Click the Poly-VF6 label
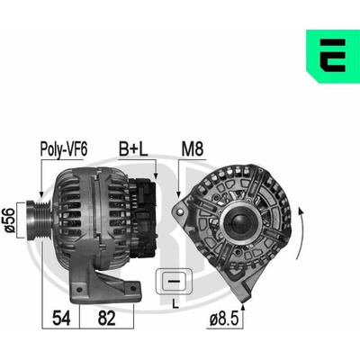pyautogui.click(x=64, y=149)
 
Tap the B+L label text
pyautogui.click(x=133, y=149)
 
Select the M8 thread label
pyautogui.click(x=193, y=149)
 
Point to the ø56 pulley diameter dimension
pyautogui.click(x=10, y=220)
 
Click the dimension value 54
pyautogui.click(x=61, y=319)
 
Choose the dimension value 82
pyautogui.click(x=106, y=319)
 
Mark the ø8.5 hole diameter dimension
pyautogui.click(x=224, y=319)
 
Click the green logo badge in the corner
pyautogui.click(x=333, y=56)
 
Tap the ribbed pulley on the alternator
pyautogui.click(x=39, y=220)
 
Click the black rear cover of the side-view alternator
pyautogui.click(x=143, y=218)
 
